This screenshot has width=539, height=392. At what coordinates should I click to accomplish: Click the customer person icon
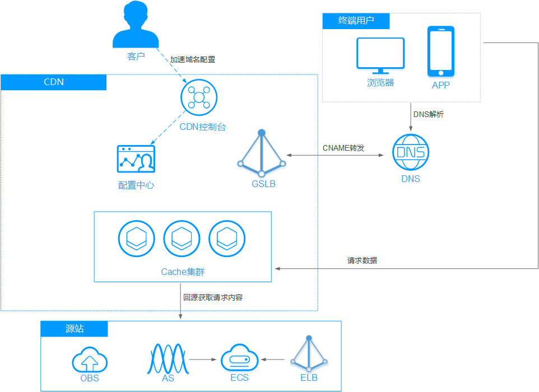[x=136, y=28]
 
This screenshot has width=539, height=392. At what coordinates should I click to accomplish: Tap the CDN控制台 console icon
[x=198, y=97]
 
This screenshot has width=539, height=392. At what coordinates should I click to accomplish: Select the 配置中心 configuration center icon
[x=136, y=160]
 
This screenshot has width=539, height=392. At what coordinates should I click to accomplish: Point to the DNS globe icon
[x=411, y=152]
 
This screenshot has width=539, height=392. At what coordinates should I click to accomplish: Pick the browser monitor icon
[x=381, y=55]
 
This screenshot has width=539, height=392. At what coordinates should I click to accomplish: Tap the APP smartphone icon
[x=441, y=52]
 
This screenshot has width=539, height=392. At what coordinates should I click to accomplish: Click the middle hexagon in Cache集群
[x=182, y=239]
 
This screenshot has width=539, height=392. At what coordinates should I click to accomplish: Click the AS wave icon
[x=168, y=358]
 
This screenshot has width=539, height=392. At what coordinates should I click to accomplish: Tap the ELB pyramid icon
[x=309, y=354]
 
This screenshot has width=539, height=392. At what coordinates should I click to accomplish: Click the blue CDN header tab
[x=54, y=82]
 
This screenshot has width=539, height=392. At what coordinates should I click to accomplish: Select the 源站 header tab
[x=75, y=329]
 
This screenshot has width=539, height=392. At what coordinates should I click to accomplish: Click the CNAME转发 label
[x=343, y=148]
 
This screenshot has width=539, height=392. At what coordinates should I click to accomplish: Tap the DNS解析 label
[x=429, y=114]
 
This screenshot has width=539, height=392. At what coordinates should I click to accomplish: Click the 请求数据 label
[x=362, y=260]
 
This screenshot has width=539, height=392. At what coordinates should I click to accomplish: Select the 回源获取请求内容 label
[x=213, y=297]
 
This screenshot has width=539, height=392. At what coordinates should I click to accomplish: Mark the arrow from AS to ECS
[x=203, y=359]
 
